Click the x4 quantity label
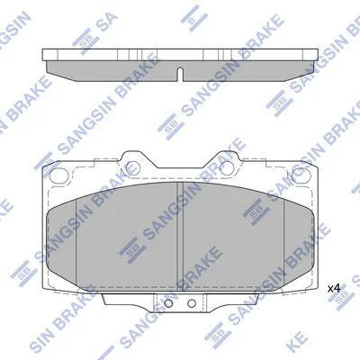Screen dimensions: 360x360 coord(333,289)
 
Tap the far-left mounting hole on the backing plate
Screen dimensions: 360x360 coord(57,175)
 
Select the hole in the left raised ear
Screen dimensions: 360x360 coord(132,167)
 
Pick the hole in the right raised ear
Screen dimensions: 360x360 coord(227,167)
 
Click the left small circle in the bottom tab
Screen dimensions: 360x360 coord(168,303)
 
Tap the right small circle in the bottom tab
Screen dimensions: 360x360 coord(192,303)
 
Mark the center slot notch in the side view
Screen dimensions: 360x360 coord(180,74)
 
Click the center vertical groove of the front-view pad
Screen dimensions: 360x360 coord(180,237)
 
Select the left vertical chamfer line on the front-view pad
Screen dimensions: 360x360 coord(76,241)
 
